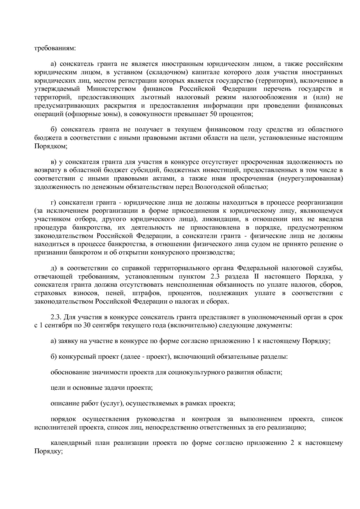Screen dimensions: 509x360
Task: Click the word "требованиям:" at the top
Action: [x=55, y=48]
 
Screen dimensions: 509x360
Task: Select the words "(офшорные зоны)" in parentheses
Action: [x=93, y=114]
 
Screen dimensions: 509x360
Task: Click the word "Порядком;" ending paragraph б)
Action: [x=51, y=146]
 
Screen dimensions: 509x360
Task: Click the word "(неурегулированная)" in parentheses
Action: [x=310, y=178]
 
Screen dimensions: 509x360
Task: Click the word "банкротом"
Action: [x=87, y=252]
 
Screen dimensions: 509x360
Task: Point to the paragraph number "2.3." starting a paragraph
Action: [x=56, y=317]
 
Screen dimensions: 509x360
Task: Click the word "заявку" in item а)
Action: [x=68, y=341]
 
